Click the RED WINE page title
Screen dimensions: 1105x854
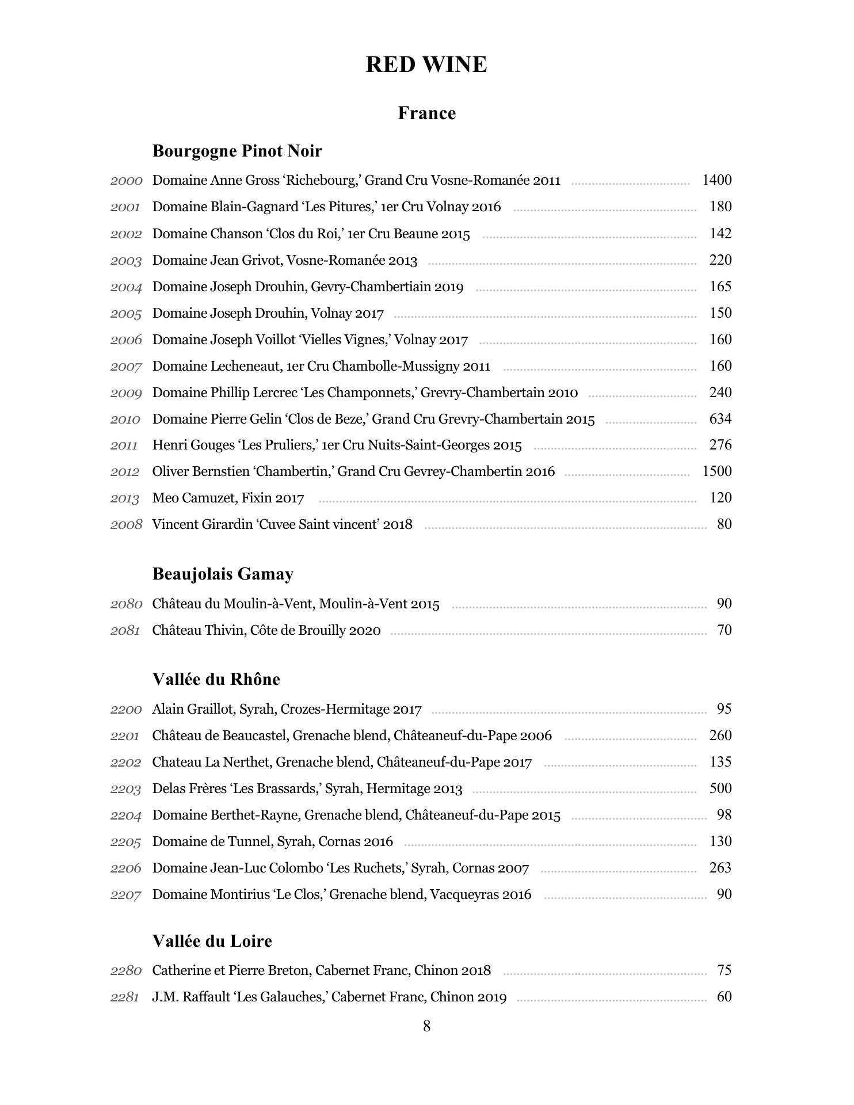coord(426,64)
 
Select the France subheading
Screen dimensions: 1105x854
coord(426,113)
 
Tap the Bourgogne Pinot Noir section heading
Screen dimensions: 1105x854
coord(237,151)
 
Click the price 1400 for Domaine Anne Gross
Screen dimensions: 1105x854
coord(716,180)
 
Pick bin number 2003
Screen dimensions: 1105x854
coord(126,261)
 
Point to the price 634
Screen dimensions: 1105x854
coord(720,418)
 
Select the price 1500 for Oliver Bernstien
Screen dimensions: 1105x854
coord(716,471)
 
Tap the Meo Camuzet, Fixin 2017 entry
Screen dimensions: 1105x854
coord(228,498)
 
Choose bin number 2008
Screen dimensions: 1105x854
coord(126,524)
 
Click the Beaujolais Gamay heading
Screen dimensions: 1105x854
coord(223,574)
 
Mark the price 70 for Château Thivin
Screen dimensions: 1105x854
coord(724,630)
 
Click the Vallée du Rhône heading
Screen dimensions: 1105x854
coord(216,679)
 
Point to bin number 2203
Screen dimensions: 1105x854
coord(126,789)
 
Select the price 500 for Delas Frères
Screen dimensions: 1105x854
coord(720,788)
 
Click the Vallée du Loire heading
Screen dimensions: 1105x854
coord(212,941)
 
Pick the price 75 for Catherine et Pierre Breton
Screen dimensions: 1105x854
coord(724,970)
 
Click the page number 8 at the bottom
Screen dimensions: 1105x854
coord(426,1026)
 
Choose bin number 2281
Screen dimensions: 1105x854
coord(125,997)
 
